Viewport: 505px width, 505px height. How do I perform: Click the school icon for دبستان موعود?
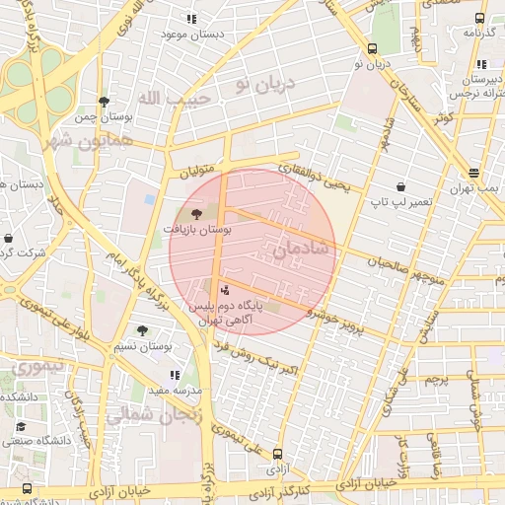pos(191,19)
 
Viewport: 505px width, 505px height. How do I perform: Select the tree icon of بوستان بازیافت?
pos(196,213)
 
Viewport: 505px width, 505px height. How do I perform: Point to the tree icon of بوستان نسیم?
pos(142,331)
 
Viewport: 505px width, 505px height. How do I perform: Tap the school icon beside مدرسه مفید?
pos(175,375)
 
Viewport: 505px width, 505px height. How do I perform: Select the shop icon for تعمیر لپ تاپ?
pos(400,185)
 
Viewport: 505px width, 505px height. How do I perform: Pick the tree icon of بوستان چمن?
pos(104,102)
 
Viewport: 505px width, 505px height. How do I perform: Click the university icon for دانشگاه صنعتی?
pos(21,426)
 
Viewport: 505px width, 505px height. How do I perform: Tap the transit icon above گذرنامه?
pos(479,18)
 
